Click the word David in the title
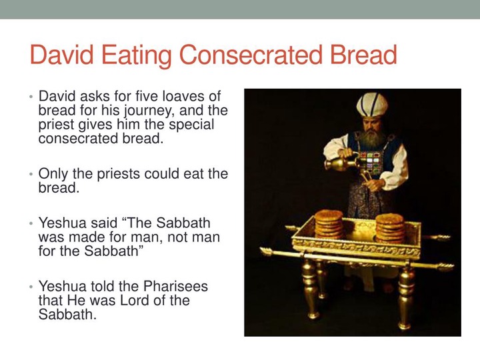pos(61,55)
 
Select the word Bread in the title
pos(363,55)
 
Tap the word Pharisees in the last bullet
pos(175,286)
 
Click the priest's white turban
pos(372,105)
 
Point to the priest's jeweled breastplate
pos(371,161)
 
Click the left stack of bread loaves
pos(329,225)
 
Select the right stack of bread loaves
pos(390,228)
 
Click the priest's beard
pos(371,137)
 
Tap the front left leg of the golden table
pos(310,289)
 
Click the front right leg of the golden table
pos(405,297)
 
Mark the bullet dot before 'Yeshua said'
pos(31,223)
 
